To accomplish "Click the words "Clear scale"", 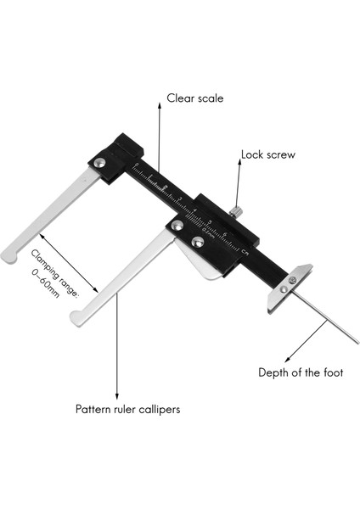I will [x=195, y=98].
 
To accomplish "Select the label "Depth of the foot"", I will [x=301, y=372].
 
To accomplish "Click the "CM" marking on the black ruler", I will [x=245, y=252].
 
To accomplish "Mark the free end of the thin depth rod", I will [x=356, y=342].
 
